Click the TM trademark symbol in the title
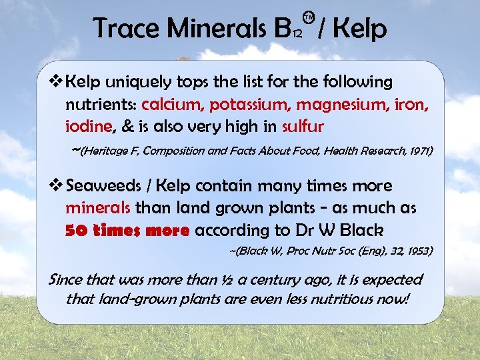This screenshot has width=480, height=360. (x=307, y=15)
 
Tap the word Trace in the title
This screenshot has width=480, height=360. (x=125, y=29)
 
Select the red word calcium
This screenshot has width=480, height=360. (x=173, y=105)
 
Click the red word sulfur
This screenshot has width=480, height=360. (x=303, y=127)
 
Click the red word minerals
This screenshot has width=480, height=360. (x=98, y=208)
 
